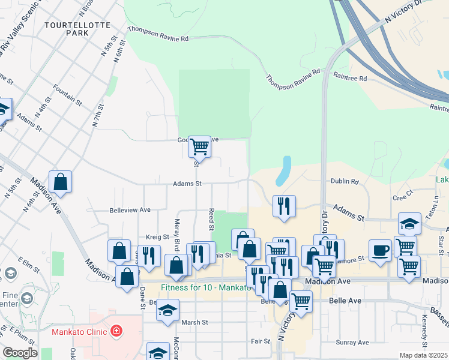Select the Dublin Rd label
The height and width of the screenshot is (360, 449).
pos(344,181)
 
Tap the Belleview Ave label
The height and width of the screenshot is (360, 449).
pos(130,210)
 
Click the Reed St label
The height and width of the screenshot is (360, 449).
pos(211,220)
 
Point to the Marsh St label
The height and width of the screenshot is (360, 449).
pos(194,322)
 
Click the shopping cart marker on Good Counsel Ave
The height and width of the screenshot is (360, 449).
pos(199,146)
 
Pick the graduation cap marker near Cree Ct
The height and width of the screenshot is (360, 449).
pos(409,224)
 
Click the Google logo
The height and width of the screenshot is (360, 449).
pos(19,353)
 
